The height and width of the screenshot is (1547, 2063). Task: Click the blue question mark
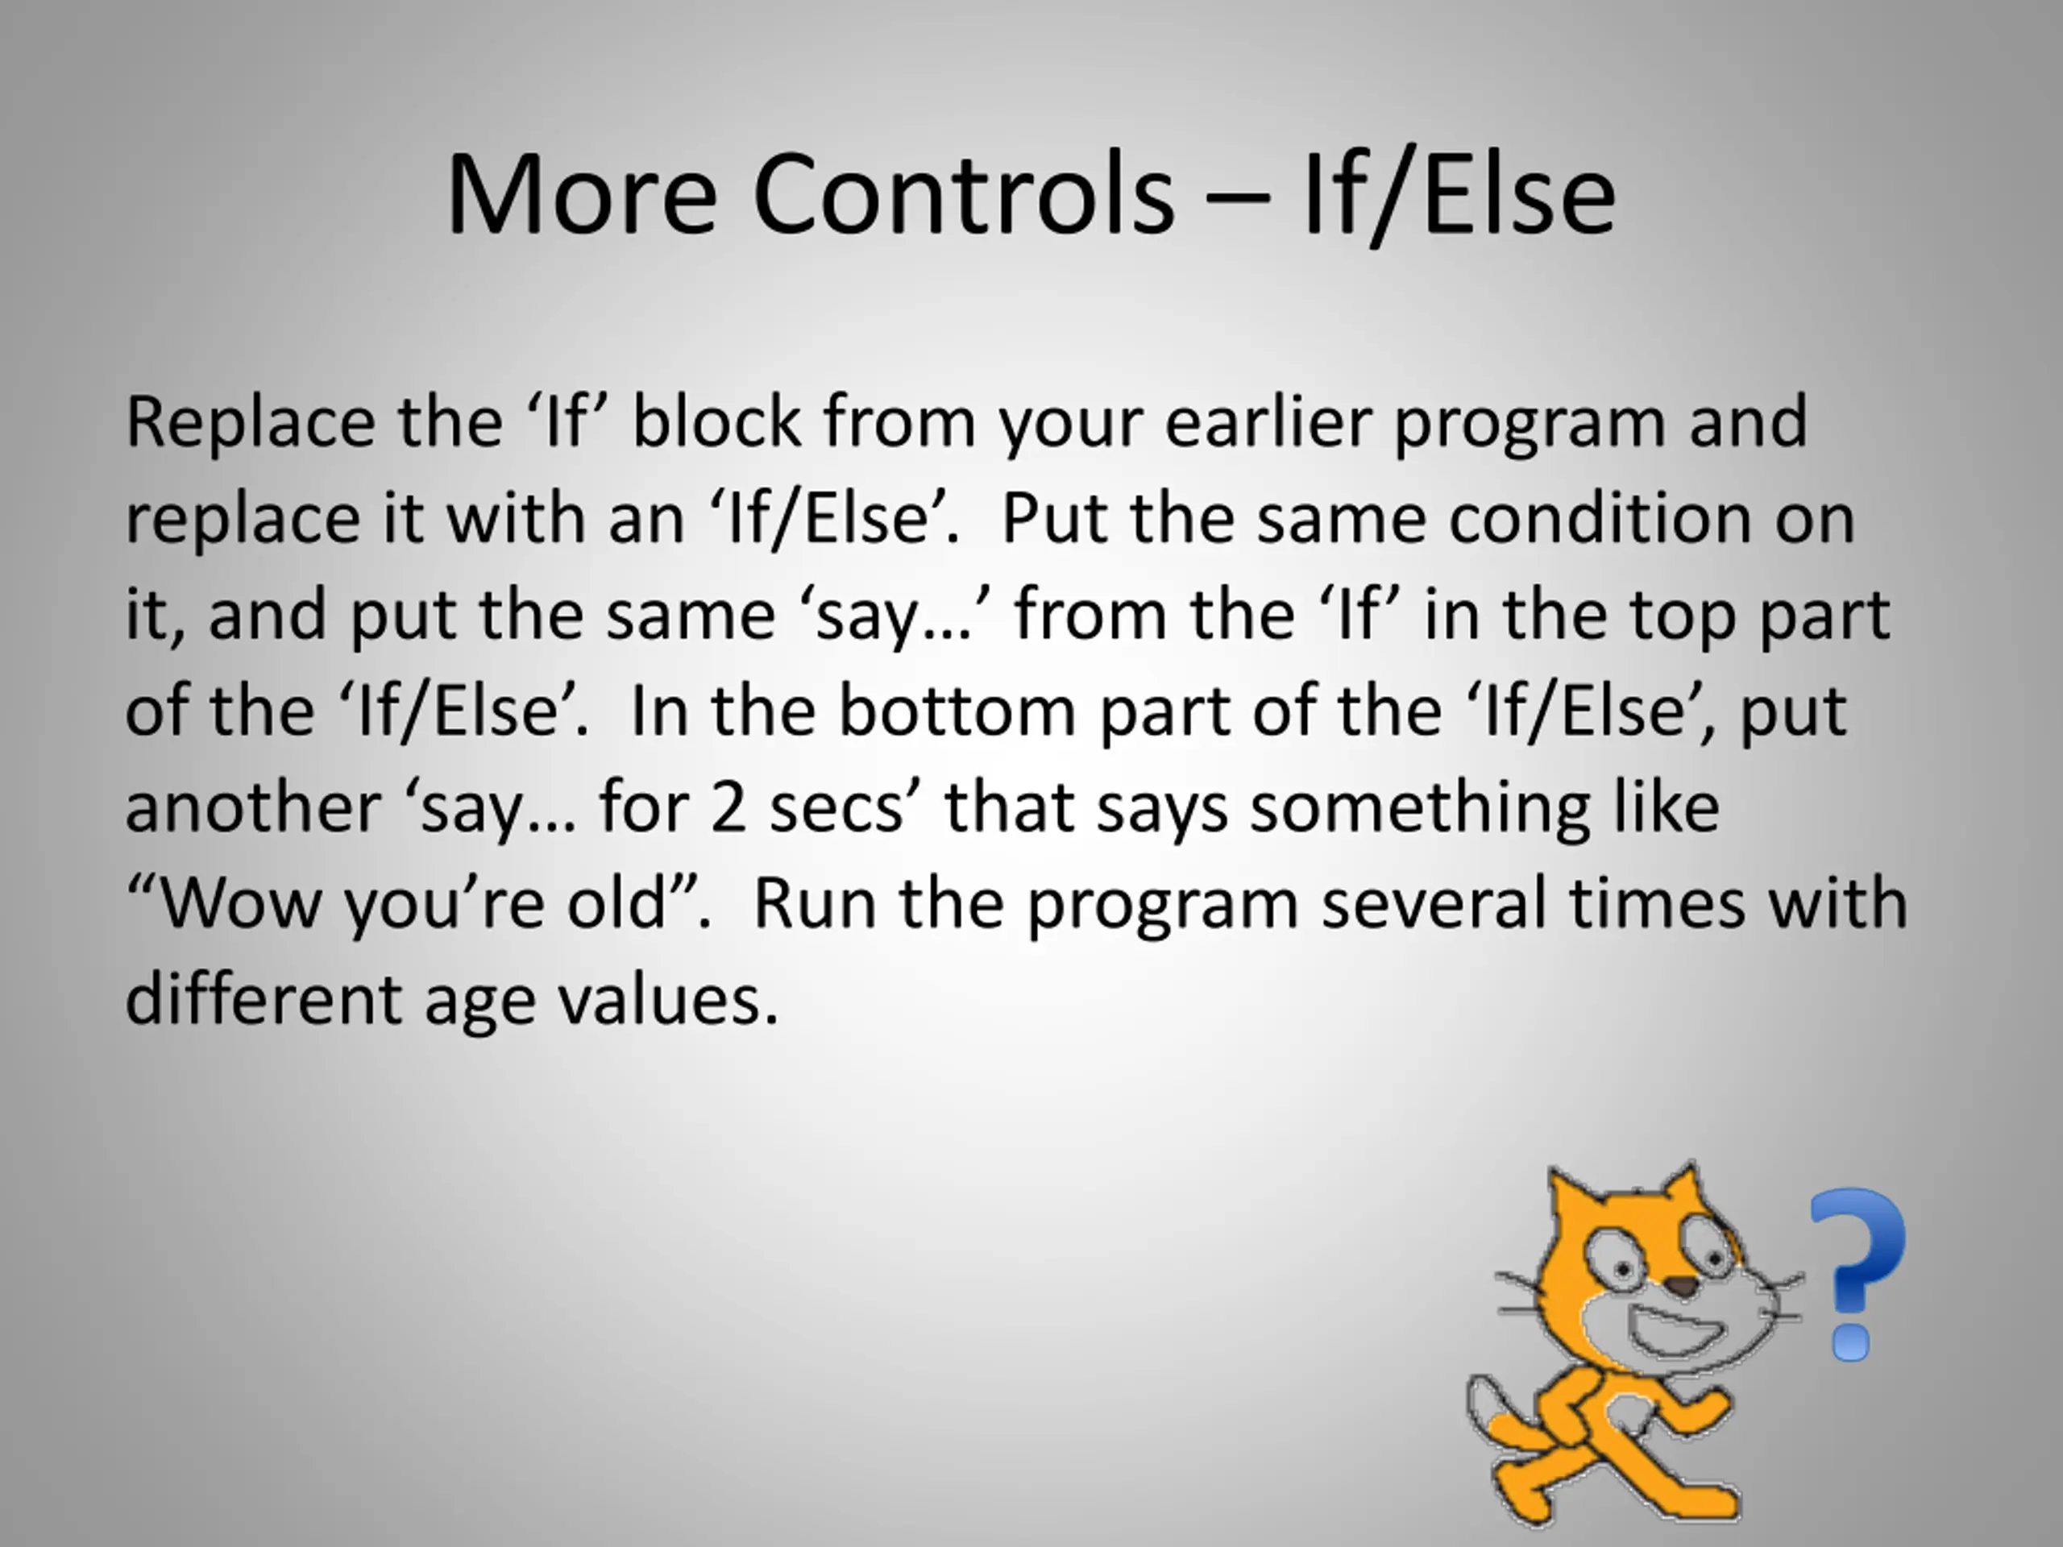tap(1857, 1274)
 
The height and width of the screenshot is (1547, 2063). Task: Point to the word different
tap(263, 1000)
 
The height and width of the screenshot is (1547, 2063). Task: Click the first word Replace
tap(250, 425)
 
